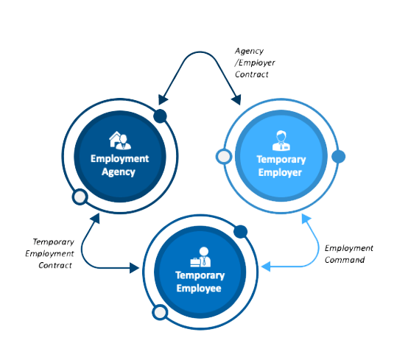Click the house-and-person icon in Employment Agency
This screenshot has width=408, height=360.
120,140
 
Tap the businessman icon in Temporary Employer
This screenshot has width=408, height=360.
281,141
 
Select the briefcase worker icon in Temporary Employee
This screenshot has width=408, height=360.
200,257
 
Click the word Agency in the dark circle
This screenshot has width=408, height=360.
119,172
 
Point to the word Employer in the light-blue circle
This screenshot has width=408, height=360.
280,173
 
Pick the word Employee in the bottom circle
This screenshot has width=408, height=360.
199,288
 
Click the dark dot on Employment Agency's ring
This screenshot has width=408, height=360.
160,116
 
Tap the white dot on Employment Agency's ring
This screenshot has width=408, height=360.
80,197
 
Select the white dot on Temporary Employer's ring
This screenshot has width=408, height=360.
224,157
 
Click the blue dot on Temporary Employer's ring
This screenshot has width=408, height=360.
339,157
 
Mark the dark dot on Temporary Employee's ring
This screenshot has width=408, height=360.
240,231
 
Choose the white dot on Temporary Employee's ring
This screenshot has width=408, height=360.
160,312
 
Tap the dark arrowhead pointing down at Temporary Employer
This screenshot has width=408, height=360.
237,99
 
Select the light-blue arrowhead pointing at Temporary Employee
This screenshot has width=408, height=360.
266,267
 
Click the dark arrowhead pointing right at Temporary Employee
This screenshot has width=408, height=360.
134,268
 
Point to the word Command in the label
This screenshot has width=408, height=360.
345,260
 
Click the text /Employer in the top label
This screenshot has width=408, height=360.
255,63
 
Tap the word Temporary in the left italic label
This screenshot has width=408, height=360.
54,242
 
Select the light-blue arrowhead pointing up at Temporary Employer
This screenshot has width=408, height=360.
306,219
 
